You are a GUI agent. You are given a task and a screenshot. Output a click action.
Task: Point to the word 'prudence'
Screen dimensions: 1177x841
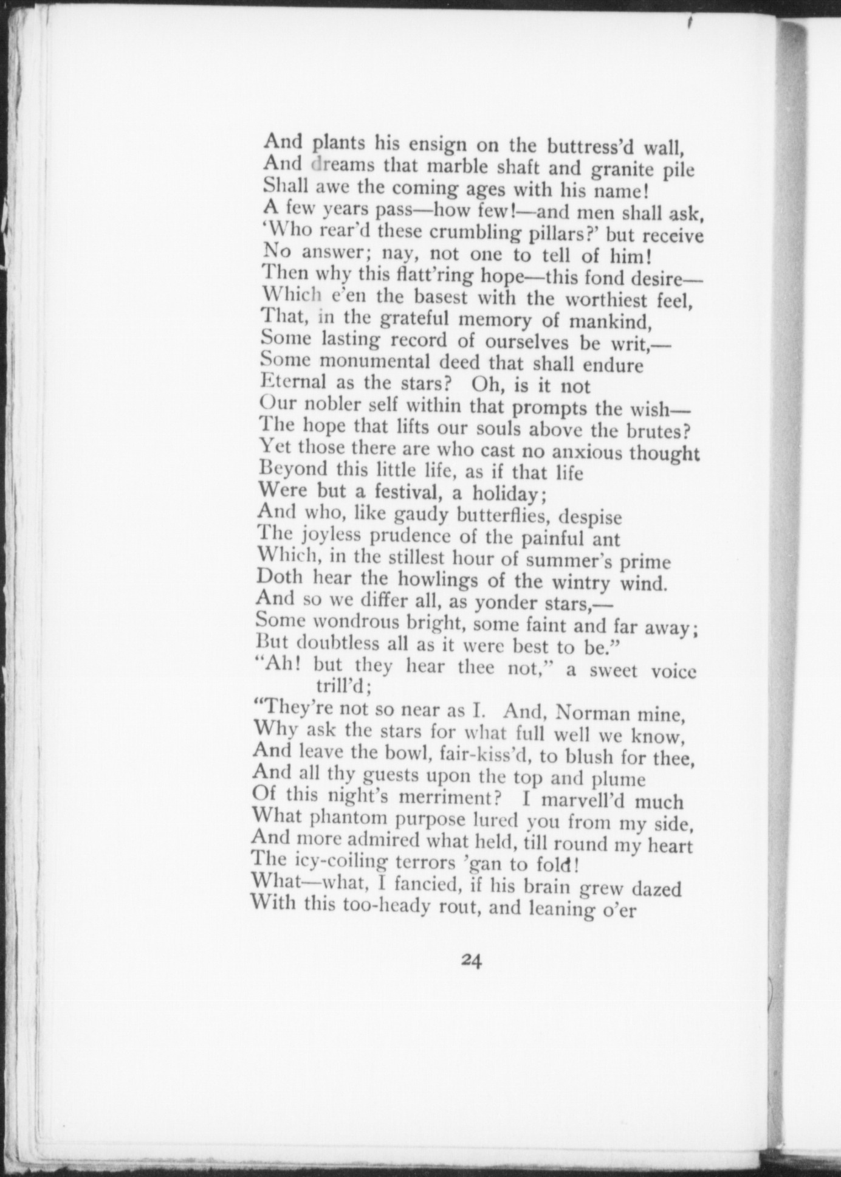[x=417, y=537]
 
